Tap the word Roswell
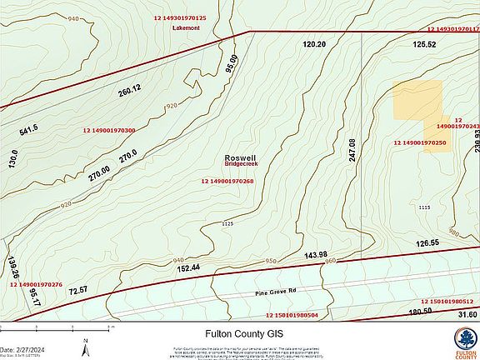click(240, 157)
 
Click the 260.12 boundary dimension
click(130, 88)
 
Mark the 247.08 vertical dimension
click(353, 150)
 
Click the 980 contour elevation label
click(453, 232)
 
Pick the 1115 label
click(424, 207)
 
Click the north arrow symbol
click(85, 342)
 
